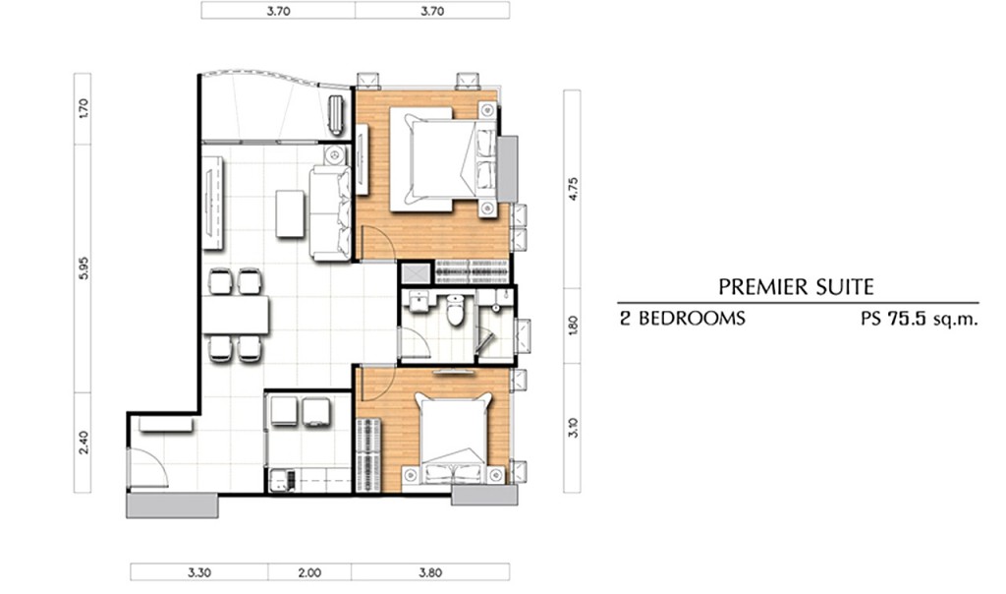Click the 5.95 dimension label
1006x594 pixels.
[83, 267]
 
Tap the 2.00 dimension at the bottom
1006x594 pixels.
[309, 572]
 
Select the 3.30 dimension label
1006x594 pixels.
[198, 572]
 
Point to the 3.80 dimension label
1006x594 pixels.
[430, 572]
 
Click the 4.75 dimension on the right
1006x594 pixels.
[573, 189]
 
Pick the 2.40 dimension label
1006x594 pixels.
[83, 442]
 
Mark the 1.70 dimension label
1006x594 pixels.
[83, 108]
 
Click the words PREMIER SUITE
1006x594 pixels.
[796, 286]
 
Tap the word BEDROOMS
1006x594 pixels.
[691, 318]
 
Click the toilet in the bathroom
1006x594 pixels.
[455, 309]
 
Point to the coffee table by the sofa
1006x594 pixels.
[290, 213]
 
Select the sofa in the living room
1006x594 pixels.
[330, 212]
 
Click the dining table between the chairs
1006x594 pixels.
[236, 315]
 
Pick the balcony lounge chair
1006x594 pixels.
[336, 114]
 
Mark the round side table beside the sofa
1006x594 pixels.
[334, 154]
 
